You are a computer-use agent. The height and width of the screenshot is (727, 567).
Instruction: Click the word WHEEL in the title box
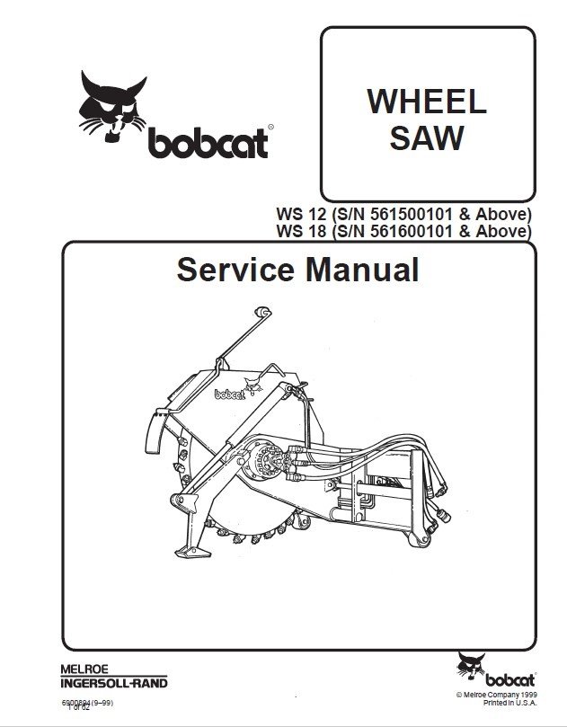tap(426, 101)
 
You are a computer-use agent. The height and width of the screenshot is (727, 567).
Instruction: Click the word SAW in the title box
tap(426, 138)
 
